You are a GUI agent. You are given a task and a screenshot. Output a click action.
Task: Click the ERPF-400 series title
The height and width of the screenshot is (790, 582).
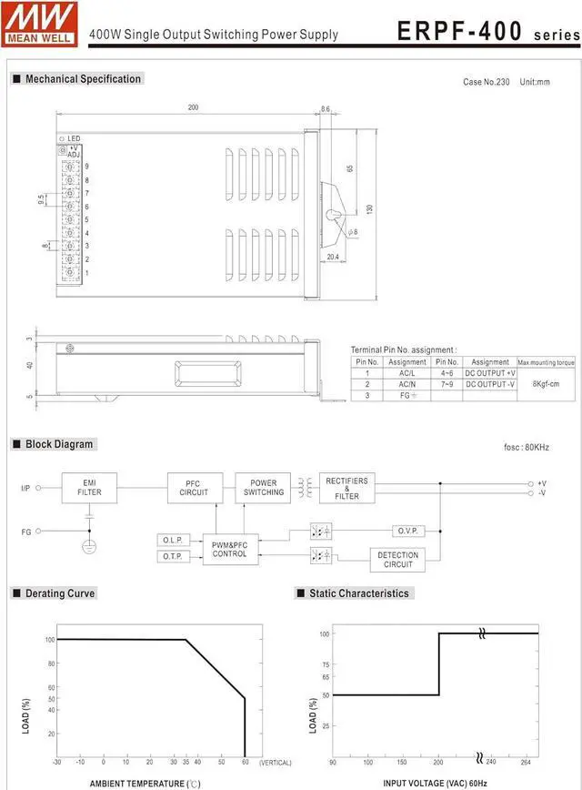487,32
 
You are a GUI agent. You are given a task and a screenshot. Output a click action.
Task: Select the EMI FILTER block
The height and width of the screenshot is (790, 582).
89,488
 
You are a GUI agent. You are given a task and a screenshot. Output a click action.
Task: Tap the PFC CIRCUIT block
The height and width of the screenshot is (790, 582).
194,488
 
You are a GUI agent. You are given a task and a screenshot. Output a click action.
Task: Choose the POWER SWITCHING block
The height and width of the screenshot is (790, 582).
263,488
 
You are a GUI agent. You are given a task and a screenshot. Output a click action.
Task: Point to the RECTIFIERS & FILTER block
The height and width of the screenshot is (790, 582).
346,489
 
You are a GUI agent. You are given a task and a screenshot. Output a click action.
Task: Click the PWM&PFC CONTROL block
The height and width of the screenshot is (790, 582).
230,549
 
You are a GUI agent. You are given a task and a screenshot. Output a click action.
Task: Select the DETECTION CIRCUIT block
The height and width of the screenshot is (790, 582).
397,560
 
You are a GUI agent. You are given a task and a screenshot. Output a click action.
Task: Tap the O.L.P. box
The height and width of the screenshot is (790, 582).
173,541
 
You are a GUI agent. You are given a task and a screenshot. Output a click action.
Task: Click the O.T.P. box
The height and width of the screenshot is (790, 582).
173,556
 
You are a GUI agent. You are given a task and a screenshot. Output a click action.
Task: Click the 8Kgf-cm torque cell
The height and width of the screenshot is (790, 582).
546,383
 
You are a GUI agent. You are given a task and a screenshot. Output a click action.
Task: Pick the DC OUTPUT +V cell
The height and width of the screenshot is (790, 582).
490,372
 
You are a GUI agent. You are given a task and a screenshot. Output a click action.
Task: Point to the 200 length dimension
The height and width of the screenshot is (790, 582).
193,107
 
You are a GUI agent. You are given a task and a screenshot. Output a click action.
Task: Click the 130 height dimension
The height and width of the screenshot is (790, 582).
369,209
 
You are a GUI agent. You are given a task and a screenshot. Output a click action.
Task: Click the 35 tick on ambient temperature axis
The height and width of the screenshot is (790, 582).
186,761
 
